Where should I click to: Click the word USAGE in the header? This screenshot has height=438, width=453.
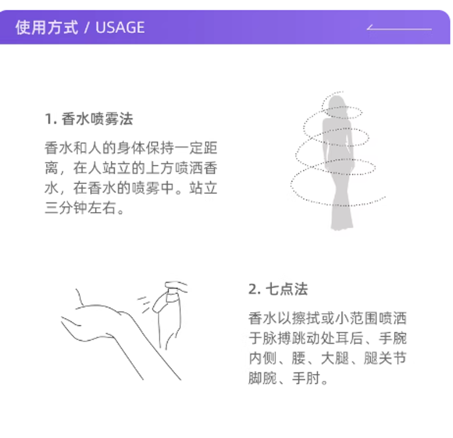[120, 27]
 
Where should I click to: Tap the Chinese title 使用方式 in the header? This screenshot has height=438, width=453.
[46, 27]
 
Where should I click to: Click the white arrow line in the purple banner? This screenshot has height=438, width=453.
[399, 28]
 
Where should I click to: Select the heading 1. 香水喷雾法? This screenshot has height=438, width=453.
[88, 119]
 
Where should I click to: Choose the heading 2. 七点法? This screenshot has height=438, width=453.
[278, 289]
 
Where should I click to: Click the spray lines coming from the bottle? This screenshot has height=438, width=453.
[144, 304]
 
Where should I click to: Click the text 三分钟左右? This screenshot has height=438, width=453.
[81, 208]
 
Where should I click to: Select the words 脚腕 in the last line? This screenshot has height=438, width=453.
[263, 378]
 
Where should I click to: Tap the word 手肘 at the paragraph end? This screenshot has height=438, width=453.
[306, 378]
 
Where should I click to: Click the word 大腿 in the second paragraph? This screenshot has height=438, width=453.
[335, 358]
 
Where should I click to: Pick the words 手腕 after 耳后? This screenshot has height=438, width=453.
[392, 338]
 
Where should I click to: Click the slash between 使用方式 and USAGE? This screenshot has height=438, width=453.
[87, 28]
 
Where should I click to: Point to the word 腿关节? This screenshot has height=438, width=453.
[385, 358]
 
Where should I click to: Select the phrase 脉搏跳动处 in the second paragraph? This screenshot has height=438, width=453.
[299, 338]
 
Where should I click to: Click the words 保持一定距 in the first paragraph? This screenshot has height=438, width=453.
[181, 148]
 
